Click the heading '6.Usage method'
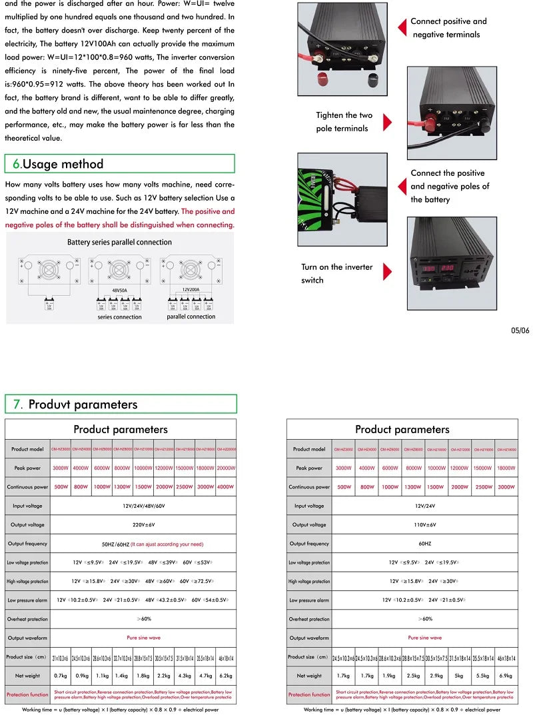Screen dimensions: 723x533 [59, 165]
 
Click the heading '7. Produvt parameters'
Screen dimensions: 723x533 [75, 404]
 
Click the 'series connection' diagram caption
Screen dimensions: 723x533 [120, 317]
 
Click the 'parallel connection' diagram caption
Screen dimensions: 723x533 [191, 317]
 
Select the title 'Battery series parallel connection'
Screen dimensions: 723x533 [120, 243]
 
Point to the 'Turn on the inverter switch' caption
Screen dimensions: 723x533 [336, 273]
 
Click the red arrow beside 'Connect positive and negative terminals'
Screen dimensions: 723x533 [402, 27]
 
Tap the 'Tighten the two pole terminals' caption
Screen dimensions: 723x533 [344, 122]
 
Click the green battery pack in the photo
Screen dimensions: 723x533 [310, 198]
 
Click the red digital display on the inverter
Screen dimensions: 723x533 [440, 269]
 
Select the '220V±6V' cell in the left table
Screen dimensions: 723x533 [143, 525]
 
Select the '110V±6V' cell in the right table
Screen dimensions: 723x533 [424, 525]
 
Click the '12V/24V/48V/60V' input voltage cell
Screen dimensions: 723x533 [143, 506]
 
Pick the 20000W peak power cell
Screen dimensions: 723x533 [226, 468]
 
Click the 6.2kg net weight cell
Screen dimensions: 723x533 [226, 676]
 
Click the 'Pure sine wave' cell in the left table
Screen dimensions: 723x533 [143, 638]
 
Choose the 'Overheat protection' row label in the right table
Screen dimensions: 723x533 [309, 619]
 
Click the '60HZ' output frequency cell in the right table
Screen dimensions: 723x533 [424, 544]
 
